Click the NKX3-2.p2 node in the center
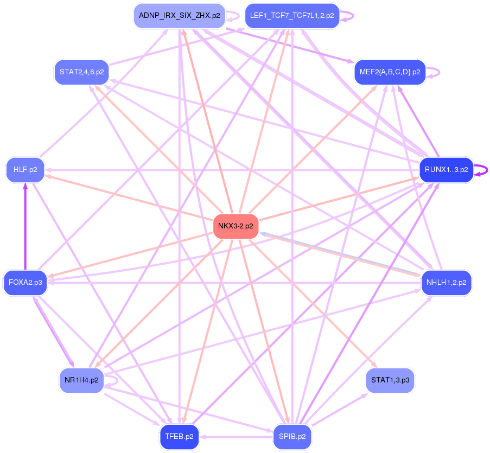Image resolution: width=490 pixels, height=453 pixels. (x=236, y=226)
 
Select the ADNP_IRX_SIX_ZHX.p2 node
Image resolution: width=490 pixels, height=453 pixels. (x=180, y=16)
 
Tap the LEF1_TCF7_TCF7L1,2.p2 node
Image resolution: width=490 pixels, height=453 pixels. (x=292, y=16)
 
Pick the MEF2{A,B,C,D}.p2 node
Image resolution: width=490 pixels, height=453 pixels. (x=390, y=72)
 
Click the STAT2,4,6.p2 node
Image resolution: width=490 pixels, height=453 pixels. (x=81, y=72)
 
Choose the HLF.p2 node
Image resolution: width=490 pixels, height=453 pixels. (x=25, y=170)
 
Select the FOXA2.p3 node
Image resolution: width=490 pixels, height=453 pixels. (x=25, y=283)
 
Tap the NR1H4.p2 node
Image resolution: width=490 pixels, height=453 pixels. (x=81, y=380)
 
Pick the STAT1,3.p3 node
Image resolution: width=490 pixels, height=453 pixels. (x=390, y=380)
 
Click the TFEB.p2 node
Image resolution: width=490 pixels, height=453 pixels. (x=180, y=437)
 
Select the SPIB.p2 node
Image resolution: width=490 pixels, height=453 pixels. (x=292, y=437)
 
